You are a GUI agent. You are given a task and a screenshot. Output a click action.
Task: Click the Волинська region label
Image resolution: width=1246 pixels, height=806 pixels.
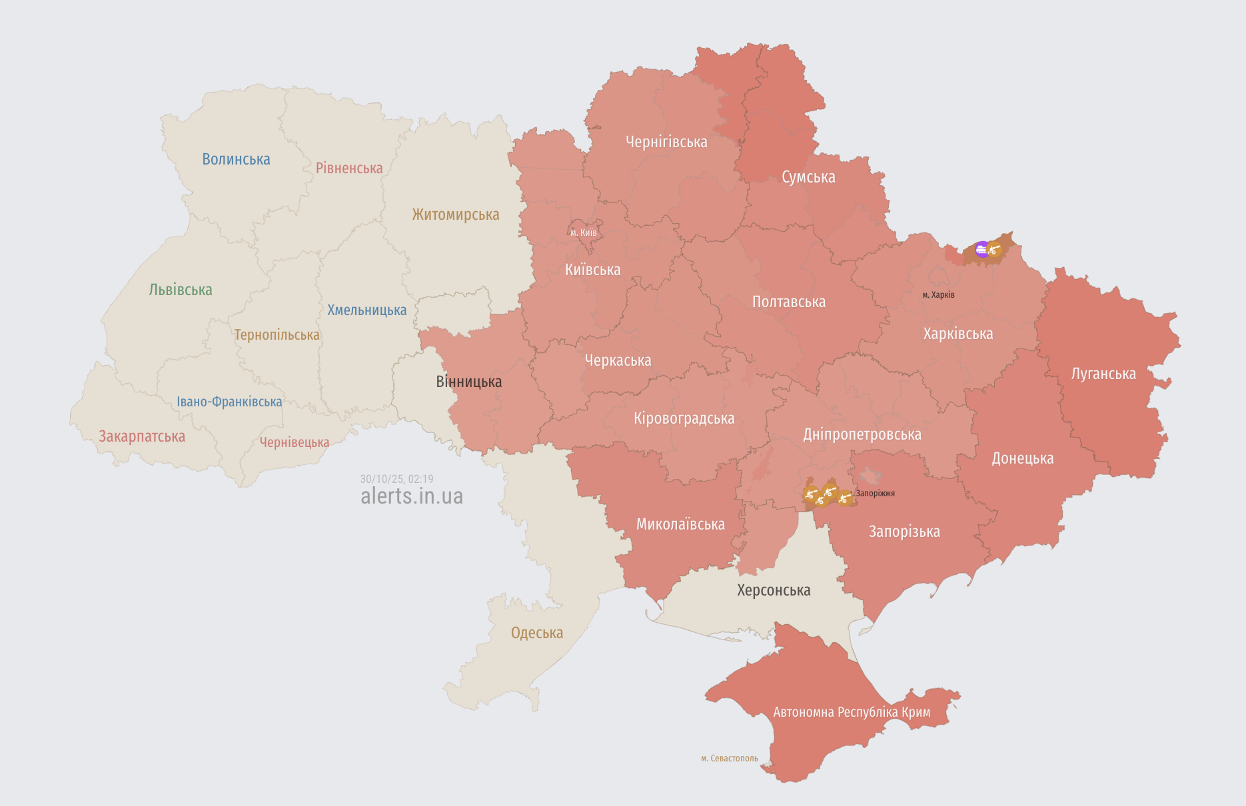(x=236, y=159)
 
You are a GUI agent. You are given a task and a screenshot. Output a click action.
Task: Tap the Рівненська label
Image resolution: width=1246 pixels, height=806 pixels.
(x=349, y=168)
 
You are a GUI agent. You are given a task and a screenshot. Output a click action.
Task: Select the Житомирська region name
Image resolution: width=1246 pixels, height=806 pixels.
(x=455, y=214)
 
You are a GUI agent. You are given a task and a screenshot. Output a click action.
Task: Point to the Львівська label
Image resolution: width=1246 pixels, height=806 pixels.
(x=181, y=290)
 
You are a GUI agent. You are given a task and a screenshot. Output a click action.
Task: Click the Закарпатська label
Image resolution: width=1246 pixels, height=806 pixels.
(x=142, y=436)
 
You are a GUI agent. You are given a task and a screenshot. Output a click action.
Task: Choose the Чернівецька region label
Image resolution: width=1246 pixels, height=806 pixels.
(x=294, y=442)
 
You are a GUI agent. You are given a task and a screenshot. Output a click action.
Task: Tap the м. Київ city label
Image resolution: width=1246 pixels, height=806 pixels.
(x=584, y=232)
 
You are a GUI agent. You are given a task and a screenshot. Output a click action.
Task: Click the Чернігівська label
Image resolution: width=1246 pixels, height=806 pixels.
(x=666, y=142)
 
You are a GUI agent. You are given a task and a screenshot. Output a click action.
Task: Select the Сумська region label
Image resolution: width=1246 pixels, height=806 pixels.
(x=808, y=177)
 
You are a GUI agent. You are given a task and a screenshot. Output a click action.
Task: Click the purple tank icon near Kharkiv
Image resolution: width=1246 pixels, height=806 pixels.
(x=981, y=250)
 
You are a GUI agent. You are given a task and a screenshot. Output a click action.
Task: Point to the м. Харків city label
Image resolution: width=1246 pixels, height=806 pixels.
(x=938, y=294)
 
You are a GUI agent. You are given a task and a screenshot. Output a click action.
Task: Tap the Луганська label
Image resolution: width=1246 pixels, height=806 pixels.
(x=1103, y=374)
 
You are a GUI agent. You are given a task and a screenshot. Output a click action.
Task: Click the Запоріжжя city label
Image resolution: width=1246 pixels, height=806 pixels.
(x=875, y=494)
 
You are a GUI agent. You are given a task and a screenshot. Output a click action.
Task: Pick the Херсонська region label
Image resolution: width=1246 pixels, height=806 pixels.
(x=774, y=590)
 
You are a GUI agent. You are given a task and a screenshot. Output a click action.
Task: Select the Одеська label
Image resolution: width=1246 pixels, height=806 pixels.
(x=536, y=633)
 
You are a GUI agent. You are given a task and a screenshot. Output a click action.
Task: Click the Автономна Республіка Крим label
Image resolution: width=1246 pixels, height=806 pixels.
(x=852, y=712)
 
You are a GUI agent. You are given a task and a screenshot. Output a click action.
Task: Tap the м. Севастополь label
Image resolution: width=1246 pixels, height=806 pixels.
(x=729, y=758)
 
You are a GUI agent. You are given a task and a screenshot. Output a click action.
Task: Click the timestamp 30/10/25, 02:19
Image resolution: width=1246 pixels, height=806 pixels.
(x=396, y=479)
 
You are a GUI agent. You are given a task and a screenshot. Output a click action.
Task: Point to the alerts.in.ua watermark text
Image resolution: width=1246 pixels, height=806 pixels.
(x=411, y=496)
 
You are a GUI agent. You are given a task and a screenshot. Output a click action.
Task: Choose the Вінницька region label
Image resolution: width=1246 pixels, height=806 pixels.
(x=468, y=382)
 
